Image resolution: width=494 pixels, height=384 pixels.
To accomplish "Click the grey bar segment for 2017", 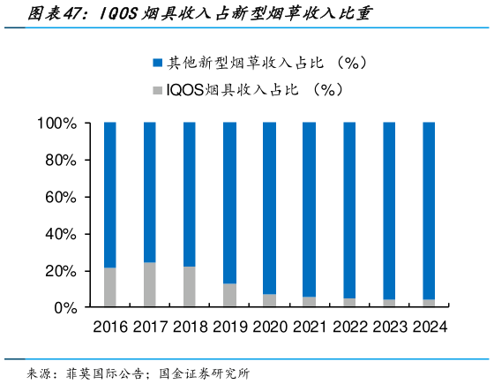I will [x=150, y=284].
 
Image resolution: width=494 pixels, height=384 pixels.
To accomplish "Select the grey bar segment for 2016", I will [x=110, y=287].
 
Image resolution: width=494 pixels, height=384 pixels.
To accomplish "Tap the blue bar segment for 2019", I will [x=229, y=202].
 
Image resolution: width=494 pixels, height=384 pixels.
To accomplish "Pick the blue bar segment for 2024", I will [x=428, y=210].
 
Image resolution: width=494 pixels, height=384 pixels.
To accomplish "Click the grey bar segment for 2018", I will [x=190, y=286].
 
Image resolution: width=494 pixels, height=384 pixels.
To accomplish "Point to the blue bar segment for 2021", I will [x=309, y=208].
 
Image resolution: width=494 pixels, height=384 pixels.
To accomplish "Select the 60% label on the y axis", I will [x=60, y=197].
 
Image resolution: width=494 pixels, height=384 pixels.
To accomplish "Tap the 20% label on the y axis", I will [x=60, y=270].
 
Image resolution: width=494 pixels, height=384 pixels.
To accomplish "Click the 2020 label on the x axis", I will [x=269, y=327].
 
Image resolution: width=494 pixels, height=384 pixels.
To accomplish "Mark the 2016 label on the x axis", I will [x=110, y=327].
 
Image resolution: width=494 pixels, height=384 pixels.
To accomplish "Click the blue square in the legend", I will [x=157, y=63].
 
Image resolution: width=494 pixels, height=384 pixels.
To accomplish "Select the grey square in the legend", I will [x=157, y=89].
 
